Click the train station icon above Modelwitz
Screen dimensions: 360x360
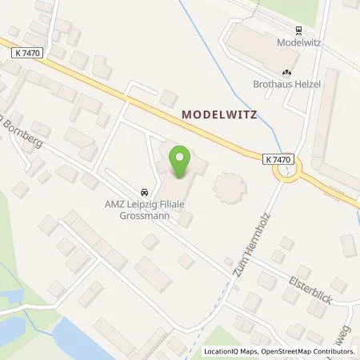pos(298,31)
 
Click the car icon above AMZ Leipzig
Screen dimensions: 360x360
pos(143,192)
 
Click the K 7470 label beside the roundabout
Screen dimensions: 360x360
pos(276,159)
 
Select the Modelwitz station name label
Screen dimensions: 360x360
pos(298,43)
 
